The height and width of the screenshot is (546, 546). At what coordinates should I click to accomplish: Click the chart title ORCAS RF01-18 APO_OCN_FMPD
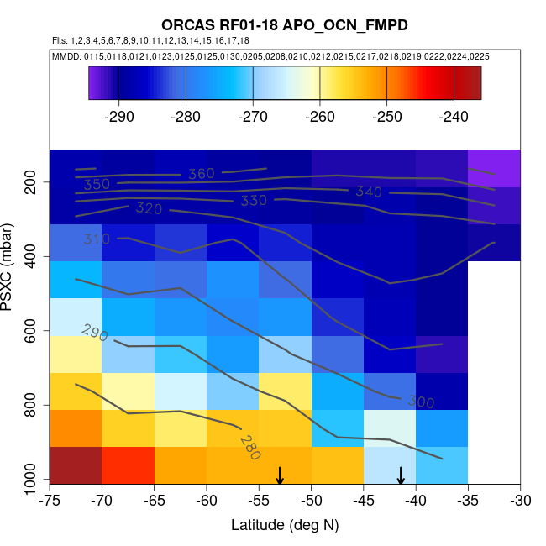point(285,25)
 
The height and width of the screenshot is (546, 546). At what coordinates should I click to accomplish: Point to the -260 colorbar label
point(319,116)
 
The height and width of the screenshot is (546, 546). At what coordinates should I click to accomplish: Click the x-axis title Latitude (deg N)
point(285,525)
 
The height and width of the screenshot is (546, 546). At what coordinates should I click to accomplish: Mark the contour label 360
point(201,174)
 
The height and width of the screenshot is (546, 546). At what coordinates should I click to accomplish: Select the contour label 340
point(369,192)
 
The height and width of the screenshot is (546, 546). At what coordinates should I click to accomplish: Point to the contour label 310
point(97,239)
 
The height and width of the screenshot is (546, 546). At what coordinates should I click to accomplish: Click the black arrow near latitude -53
point(280,476)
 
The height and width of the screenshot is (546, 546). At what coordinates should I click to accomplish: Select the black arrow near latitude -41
point(401,476)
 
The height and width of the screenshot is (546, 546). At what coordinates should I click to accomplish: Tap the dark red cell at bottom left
point(76,465)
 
